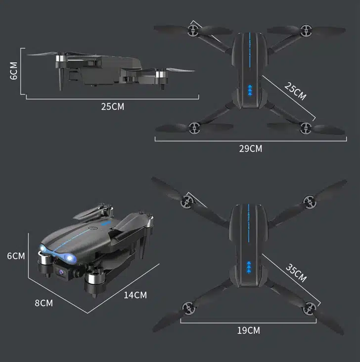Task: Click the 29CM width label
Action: point(251,149)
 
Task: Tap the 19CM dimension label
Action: point(248,330)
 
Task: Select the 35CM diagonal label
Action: point(296,273)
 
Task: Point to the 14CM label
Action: point(135,295)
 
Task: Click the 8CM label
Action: point(44,303)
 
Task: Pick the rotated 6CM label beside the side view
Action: point(14,71)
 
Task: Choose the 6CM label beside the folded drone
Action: point(16,256)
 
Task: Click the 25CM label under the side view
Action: point(113,107)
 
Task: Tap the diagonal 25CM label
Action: point(295,91)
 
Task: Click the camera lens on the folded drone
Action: point(61,272)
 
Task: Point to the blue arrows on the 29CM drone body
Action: point(250,90)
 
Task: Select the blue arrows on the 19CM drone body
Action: point(249,268)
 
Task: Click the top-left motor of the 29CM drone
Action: point(193,31)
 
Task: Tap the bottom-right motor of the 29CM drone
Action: point(306,128)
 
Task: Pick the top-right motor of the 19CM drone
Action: point(310,202)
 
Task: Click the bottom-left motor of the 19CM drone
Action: point(189,308)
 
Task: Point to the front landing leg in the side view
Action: point(61,79)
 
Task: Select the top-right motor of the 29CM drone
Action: point(306,31)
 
